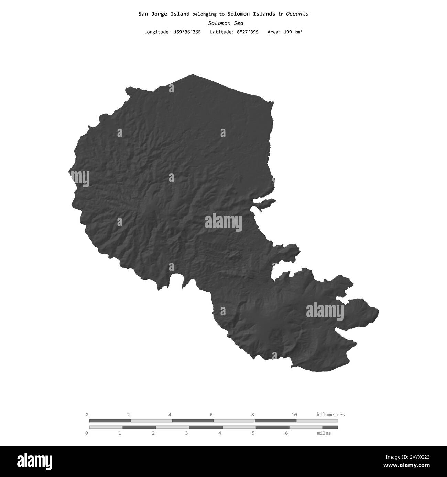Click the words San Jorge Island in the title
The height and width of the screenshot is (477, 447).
coord(164,14)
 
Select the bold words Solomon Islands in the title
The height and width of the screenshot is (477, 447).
coord(251,14)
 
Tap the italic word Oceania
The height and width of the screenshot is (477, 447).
coord(297,14)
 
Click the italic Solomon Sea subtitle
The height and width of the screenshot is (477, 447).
coord(226,23)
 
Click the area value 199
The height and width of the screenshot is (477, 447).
coord(287,32)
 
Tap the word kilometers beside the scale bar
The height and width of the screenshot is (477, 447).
coord(330,415)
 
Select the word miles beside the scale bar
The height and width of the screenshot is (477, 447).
coord(324,433)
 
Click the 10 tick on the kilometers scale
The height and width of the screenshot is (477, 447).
coord(294,415)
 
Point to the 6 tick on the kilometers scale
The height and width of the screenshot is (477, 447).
coord(211,415)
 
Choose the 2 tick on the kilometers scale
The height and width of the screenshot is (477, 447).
coord(129,415)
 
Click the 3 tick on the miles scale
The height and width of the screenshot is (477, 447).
coord(186,433)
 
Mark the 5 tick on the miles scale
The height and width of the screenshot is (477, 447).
coord(253,433)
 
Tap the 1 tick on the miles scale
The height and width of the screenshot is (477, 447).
coord(120,433)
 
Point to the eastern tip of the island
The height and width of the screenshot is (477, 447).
coord(378,312)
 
